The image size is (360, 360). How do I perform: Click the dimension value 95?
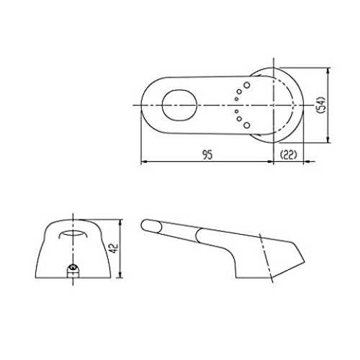point(207,155)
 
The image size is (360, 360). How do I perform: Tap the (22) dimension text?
point(288,155)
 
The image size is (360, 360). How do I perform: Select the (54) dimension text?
point(321,105)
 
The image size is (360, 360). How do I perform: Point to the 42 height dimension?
point(114,248)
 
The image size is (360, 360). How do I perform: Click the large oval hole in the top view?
point(179,105)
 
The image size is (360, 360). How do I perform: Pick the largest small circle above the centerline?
point(247,85)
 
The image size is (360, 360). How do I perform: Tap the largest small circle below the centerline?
point(247,125)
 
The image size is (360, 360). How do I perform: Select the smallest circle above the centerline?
point(236,99)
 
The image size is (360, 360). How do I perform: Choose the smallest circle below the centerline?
point(236,112)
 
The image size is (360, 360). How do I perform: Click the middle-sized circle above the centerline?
point(239,91)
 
